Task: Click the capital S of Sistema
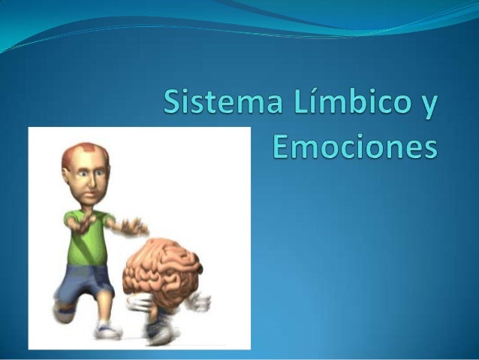tap(174, 101)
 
